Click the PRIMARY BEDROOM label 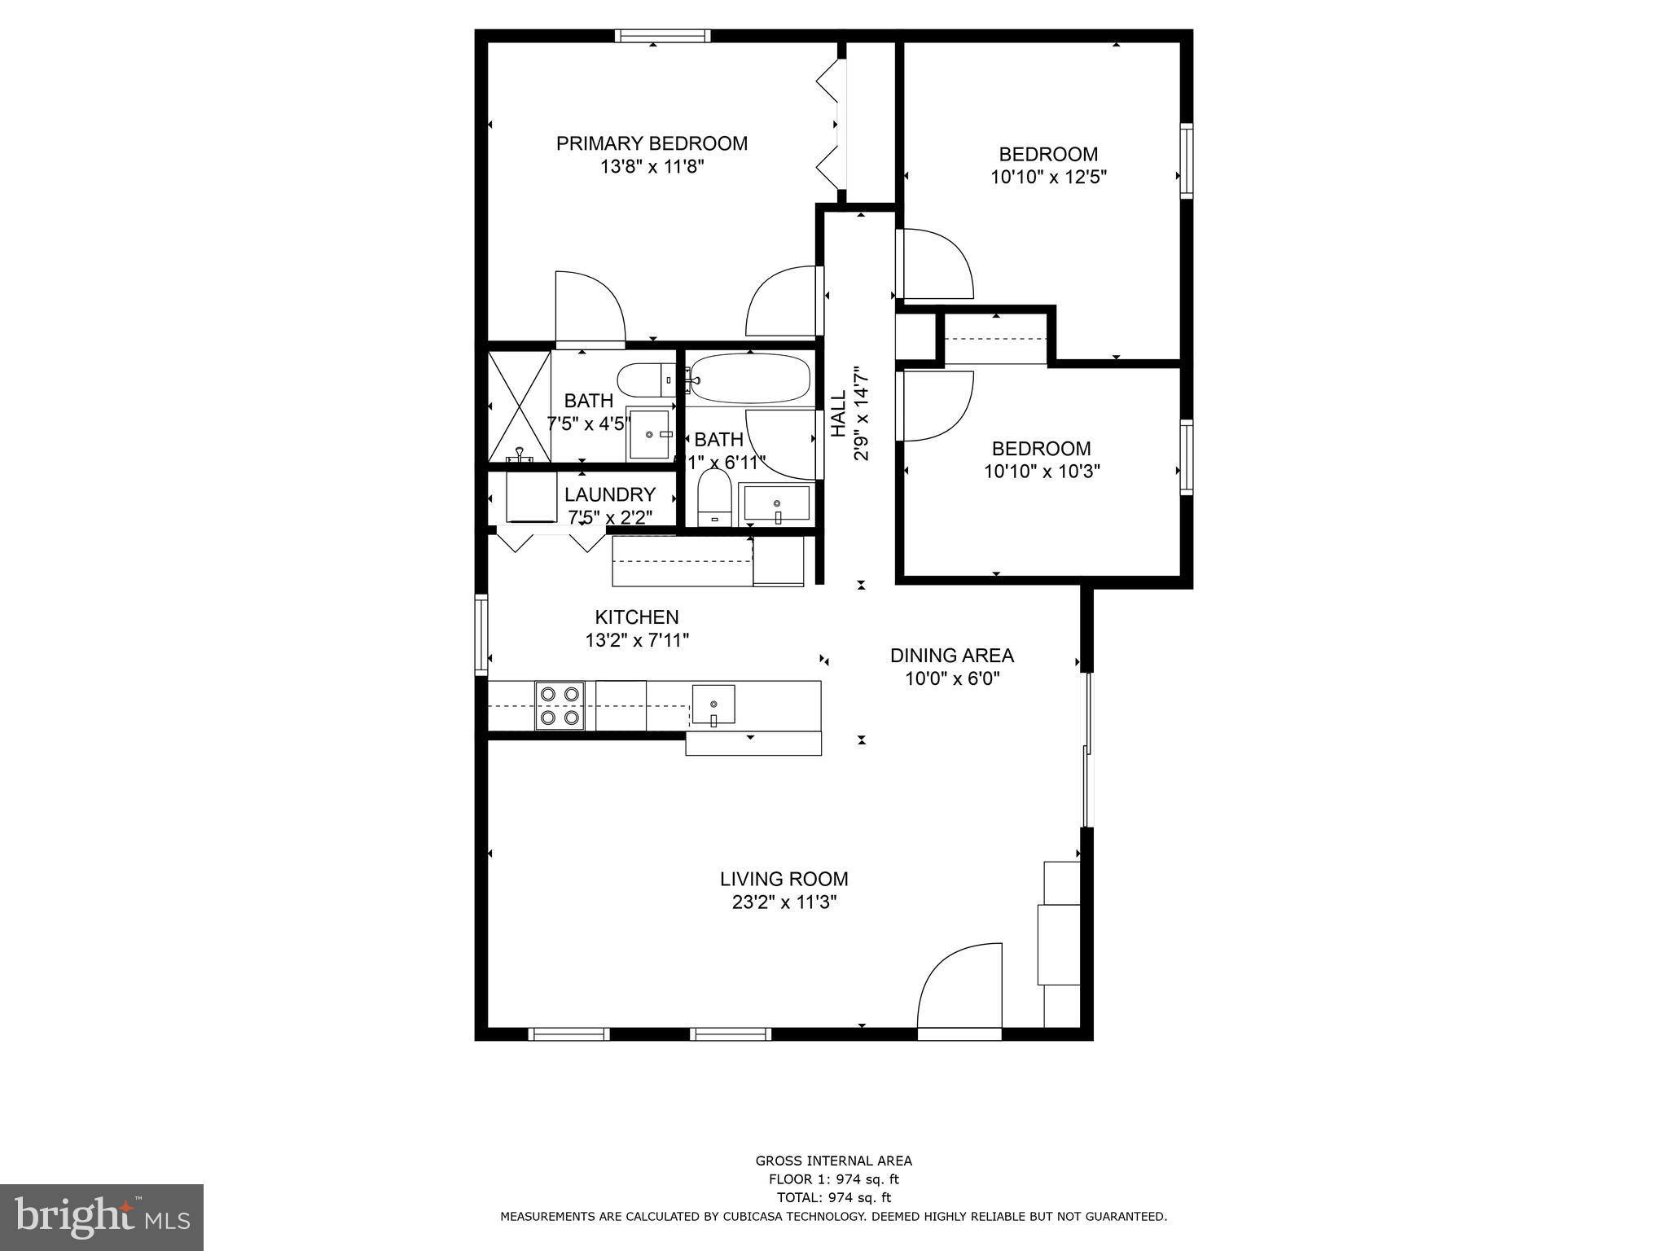coord(652,143)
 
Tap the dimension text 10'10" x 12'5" coord(1048,177)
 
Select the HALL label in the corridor coord(839,413)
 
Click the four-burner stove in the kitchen coord(560,705)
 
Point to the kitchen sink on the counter coord(713,705)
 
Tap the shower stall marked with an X coord(520,405)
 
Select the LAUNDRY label coord(609,494)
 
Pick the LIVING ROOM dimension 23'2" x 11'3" coord(784,902)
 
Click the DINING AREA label coord(951,656)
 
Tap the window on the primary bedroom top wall coord(662,36)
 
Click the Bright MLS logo coord(102,1217)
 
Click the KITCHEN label coord(636,617)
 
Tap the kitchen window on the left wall coord(481,634)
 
